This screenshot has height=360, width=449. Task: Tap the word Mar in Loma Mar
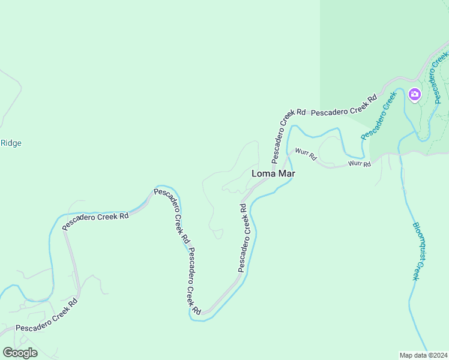click(286, 173)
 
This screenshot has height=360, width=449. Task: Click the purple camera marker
click(414, 94)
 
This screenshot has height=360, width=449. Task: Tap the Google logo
click(20, 353)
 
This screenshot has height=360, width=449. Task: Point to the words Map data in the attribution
click(412, 355)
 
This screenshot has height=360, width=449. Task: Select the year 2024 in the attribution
click(437, 355)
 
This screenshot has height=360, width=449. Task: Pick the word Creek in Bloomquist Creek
click(415, 271)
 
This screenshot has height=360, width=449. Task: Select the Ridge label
click(11, 143)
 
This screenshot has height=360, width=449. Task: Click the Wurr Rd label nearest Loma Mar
click(306, 155)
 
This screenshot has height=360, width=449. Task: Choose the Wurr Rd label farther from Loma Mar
click(359, 163)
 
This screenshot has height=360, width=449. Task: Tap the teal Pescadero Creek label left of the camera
click(379, 116)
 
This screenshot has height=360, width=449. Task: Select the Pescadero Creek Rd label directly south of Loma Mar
click(244, 238)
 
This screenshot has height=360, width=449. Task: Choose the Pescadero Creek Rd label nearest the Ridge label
click(95, 220)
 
